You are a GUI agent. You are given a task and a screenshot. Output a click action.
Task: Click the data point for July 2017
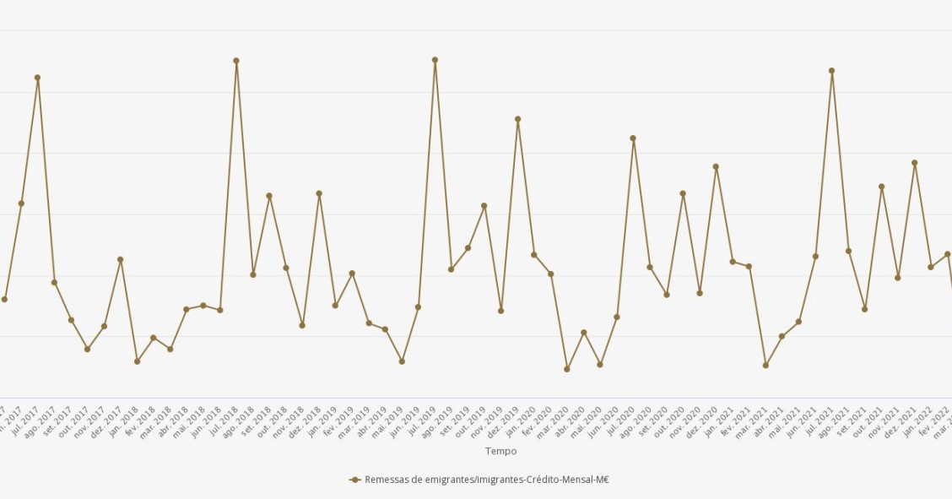point(37,78)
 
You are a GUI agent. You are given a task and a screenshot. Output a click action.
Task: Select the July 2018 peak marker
point(236,61)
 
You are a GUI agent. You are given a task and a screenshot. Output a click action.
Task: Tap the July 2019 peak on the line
point(435,60)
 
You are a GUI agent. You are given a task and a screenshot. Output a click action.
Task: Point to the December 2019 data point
point(517,119)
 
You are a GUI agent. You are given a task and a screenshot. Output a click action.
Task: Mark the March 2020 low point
point(567,369)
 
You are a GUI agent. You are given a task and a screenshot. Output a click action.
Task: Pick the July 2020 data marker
point(633,138)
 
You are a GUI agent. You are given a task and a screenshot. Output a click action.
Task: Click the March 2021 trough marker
point(765,366)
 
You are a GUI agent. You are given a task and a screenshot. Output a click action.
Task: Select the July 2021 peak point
point(831,71)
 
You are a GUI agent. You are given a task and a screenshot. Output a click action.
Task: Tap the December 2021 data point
point(914,163)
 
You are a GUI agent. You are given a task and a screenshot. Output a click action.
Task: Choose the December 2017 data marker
point(120,259)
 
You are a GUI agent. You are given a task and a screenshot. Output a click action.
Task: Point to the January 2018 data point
point(137,361)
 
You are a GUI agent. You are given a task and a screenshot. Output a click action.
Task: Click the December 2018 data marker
point(319,193)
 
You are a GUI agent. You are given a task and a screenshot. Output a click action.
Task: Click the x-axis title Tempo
point(500,452)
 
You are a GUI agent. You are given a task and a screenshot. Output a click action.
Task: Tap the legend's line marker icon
point(355,480)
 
